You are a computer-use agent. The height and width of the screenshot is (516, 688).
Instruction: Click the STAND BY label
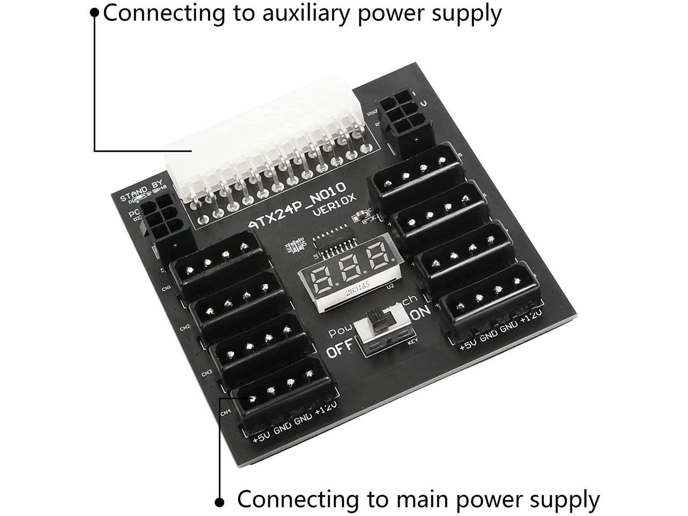click(141, 191)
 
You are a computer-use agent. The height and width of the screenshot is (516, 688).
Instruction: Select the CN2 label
click(185, 327)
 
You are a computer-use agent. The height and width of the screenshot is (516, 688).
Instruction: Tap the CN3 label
click(207, 372)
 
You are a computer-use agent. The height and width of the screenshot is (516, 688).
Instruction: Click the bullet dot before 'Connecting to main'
click(219, 501)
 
